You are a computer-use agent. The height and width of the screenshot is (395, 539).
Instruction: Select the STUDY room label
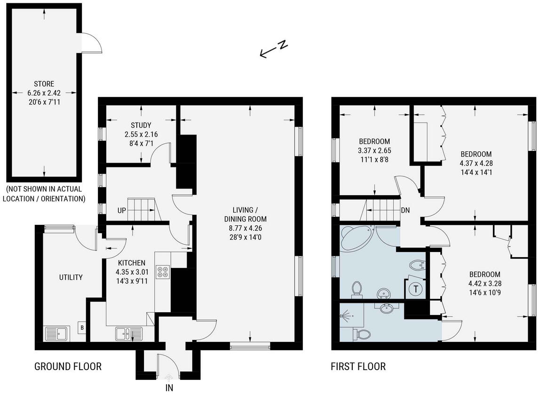[x=141, y=125]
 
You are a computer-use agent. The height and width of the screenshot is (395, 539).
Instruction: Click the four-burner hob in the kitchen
[x=163, y=271]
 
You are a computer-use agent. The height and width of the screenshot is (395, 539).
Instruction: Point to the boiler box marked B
[x=82, y=327]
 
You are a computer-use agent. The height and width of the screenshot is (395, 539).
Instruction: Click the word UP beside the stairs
[x=122, y=210]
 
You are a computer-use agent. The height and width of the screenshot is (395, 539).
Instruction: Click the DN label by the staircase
[x=405, y=210]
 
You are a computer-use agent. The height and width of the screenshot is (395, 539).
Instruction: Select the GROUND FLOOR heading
[x=68, y=366]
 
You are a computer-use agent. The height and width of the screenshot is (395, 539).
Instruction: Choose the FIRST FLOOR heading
[x=358, y=366]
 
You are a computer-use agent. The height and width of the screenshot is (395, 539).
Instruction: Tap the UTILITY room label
[x=71, y=277]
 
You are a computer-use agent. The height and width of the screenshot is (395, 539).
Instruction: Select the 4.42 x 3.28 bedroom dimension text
[x=484, y=284]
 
